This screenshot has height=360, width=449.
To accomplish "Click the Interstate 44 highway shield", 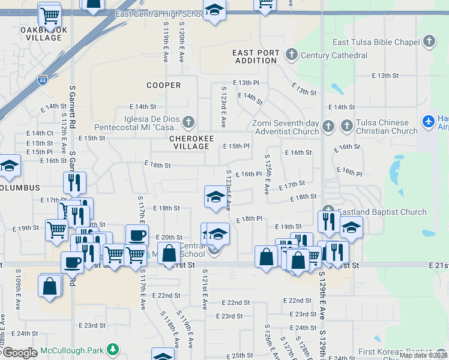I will [x=41, y=79].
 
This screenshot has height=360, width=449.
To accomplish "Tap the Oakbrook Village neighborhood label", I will [x=44, y=34].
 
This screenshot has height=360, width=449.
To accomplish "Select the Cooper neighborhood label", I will [x=163, y=85].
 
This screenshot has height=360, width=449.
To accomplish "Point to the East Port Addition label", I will [x=256, y=57].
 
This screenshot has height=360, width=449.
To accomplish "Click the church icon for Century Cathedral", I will [x=292, y=55].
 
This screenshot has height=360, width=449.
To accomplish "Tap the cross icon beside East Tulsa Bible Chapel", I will [x=429, y=41].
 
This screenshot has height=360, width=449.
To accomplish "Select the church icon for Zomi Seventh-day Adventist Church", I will [x=328, y=127].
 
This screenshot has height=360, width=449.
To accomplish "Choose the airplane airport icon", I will [x=429, y=121].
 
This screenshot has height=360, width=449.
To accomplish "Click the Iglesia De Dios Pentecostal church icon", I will [x=188, y=123].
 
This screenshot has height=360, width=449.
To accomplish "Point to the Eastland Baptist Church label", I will [x=382, y=212].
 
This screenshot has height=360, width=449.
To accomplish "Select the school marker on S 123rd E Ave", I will [x=215, y=196].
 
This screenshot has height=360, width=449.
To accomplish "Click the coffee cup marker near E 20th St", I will [x=137, y=235].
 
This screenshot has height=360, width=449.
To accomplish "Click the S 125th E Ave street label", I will [x=266, y=174].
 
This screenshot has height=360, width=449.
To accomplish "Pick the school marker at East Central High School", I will [x=214, y=10].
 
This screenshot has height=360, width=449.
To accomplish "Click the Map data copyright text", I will [x=423, y=355].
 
